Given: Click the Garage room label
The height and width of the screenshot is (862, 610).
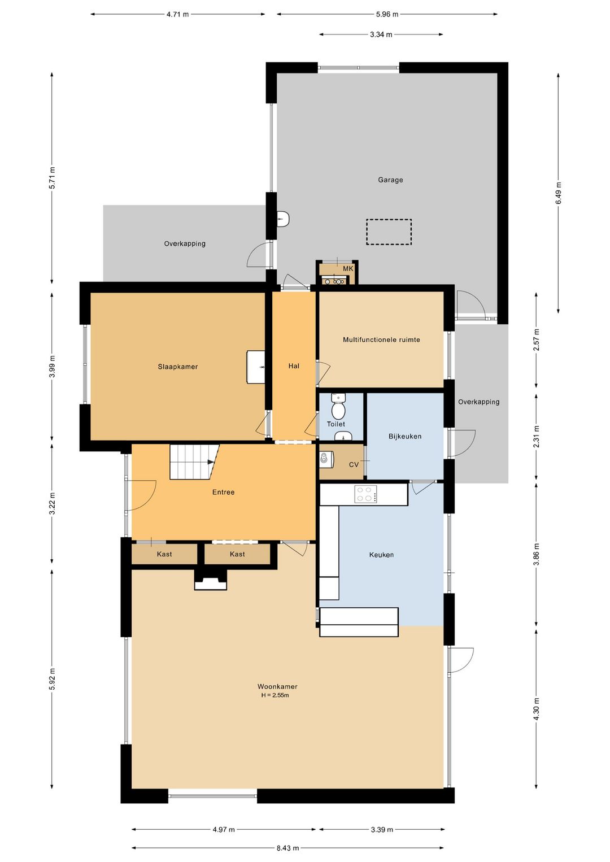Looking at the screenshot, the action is [390, 180].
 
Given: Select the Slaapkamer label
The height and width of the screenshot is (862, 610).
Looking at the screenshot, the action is [178, 367].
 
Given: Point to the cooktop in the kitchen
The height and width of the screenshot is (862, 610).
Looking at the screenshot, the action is [365, 494].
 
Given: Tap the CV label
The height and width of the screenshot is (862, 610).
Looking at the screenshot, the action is [354, 464].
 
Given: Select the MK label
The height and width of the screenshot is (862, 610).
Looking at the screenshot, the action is [348, 269].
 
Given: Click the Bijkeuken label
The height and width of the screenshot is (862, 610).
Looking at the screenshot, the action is [405, 437].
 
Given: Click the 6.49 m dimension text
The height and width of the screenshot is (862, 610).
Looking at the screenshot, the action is [558, 193].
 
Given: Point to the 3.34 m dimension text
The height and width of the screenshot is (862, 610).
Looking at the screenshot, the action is [381, 34].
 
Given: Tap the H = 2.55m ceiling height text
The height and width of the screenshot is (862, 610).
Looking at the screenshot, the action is [275, 695].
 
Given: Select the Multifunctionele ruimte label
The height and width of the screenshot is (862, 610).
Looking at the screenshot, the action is [381, 340].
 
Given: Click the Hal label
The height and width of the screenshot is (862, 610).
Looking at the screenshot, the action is [294, 366].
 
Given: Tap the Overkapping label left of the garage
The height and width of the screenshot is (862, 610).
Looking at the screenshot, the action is [185, 243].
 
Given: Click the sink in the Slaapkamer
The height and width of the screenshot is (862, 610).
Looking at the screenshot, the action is [255, 367].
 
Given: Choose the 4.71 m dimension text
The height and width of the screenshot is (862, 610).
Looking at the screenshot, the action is [177, 15].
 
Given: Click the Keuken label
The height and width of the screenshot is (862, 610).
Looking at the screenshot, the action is [381, 555].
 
